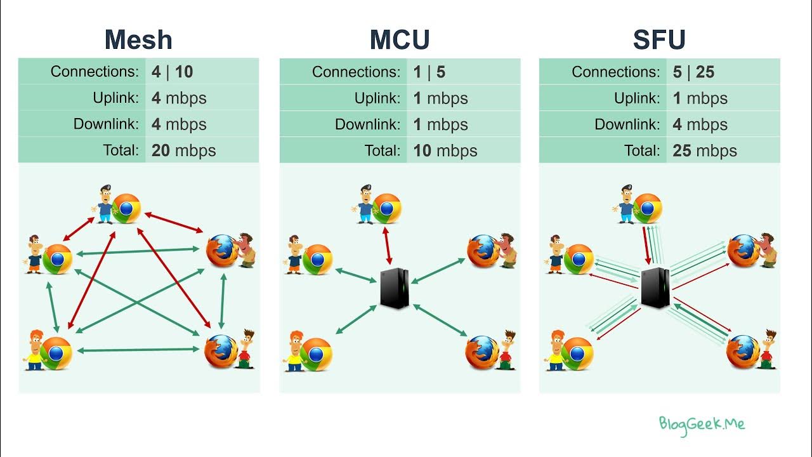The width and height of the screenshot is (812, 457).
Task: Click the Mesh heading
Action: coord(138,40)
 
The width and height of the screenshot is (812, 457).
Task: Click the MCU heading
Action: coord(400,40)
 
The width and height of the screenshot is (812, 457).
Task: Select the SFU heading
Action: coord(659,40)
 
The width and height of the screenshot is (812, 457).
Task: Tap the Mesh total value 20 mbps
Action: coord(184,150)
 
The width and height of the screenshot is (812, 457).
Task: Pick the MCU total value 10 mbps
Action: coord(445,150)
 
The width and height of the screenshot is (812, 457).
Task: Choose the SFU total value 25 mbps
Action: coord(705,150)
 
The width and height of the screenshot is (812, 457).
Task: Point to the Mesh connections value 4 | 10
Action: coord(172,72)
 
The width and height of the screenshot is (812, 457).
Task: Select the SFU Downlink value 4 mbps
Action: coord(700,124)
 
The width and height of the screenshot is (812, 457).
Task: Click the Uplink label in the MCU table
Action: coord(377,98)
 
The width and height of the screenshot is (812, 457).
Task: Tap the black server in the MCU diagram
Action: coord(394,288)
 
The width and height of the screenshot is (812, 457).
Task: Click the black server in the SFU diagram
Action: coord(655,287)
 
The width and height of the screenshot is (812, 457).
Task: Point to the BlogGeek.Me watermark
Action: coord(702,424)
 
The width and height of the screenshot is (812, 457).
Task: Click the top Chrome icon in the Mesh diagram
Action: coord(126,208)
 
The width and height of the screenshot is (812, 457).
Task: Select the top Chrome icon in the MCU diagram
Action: coord(386,209)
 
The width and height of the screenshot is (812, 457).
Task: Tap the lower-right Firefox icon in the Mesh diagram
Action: coord(220,351)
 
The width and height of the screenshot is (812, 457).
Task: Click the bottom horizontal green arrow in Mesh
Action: coord(141,350)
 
